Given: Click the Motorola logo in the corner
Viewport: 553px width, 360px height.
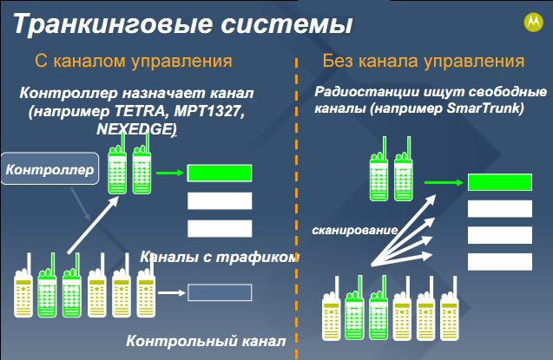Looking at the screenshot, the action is (534, 23).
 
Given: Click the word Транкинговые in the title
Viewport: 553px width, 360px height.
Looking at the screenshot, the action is (113, 24).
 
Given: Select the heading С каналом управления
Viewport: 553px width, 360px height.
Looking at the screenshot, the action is (134, 61).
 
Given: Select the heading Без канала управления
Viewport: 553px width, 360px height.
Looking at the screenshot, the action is (424, 61).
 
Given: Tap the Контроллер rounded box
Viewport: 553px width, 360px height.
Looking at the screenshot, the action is (49, 169).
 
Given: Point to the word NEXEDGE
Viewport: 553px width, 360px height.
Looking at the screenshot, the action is (135, 129).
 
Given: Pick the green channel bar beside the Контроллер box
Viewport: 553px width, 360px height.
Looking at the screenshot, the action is (220, 173).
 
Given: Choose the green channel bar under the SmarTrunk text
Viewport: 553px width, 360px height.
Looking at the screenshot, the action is (500, 182).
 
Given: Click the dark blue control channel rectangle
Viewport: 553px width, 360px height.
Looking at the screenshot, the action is (220, 292).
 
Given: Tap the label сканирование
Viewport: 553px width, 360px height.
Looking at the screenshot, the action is (355, 230).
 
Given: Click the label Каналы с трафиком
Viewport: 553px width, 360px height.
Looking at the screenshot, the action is (220, 257).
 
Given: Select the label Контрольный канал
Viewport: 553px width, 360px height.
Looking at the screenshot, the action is (206, 341).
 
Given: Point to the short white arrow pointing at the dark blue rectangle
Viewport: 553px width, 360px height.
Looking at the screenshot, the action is (171, 292).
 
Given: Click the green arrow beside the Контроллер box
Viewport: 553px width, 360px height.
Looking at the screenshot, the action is (170, 173).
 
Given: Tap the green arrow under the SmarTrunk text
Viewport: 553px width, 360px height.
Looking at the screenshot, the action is (444, 182).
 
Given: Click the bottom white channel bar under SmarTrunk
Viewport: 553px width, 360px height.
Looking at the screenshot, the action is (500, 262).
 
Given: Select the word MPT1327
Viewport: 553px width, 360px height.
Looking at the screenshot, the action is (209, 111).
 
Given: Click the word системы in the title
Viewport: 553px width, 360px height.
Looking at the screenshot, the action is (286, 24).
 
